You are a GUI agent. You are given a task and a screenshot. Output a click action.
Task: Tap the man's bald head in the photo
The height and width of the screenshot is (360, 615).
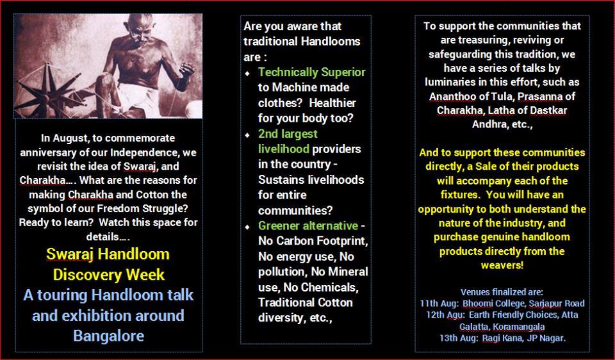[x=140, y=24]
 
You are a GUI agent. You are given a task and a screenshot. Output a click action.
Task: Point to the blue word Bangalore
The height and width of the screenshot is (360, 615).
[x=109, y=336]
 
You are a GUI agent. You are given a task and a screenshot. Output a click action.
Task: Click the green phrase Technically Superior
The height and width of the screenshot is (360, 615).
[x=312, y=72]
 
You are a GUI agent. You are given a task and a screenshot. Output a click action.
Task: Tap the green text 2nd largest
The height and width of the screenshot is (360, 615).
[x=288, y=134]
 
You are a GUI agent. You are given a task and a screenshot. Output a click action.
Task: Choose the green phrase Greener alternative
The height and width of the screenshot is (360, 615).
[x=308, y=226]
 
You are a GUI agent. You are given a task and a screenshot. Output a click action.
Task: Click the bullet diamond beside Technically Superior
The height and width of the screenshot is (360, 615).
[x=247, y=73]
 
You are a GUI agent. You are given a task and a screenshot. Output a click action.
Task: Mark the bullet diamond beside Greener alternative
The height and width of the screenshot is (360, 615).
[x=247, y=227]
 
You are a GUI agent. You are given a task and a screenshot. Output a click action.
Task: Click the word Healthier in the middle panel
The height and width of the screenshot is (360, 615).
[x=332, y=102]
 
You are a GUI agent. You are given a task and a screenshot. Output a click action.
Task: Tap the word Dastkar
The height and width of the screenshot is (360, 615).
[x=548, y=111]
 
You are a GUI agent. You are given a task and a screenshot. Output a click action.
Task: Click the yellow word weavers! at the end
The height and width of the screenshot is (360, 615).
[x=502, y=265]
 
